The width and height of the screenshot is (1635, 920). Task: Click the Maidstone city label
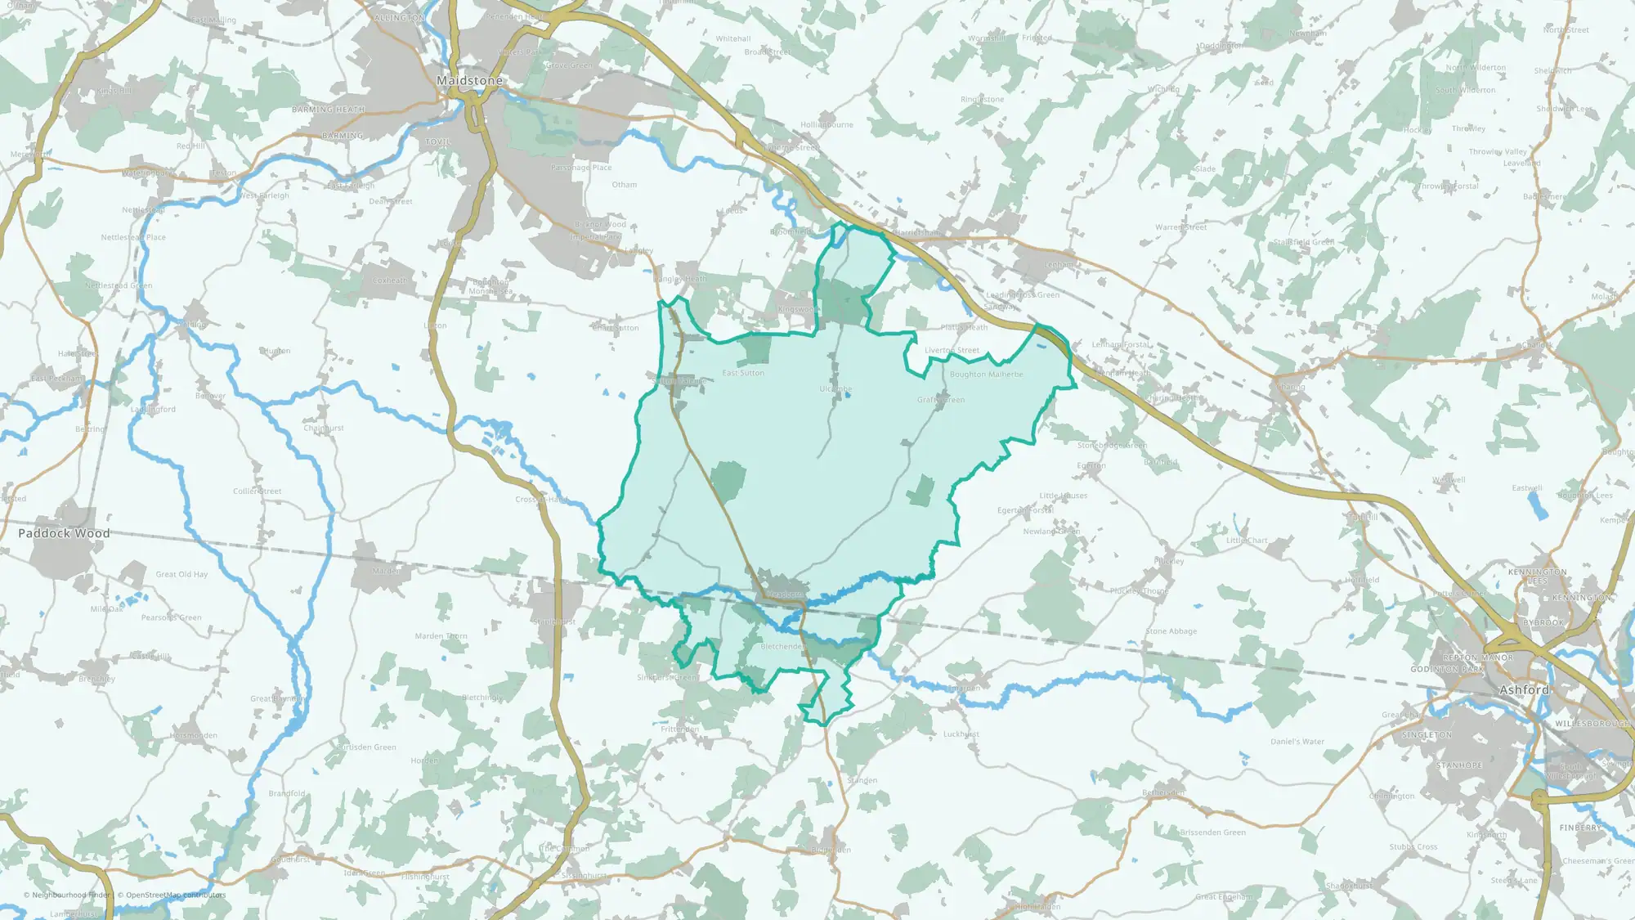tap(469, 81)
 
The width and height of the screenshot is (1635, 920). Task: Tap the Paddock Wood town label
tap(64, 533)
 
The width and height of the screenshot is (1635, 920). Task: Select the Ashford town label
tap(1525, 690)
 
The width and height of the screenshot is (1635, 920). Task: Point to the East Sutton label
tap(743, 373)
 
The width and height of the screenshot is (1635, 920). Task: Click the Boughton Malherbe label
tap(986, 375)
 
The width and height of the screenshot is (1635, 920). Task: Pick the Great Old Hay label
tap(181, 574)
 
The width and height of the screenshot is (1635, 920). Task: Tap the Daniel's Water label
tap(1297, 742)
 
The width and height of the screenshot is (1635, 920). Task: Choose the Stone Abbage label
tap(1171, 631)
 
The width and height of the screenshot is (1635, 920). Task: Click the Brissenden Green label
tap(1212, 832)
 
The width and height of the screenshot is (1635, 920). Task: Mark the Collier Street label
tap(257, 491)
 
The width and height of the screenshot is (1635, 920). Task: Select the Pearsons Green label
tap(171, 617)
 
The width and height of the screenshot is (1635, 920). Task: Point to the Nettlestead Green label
tap(119, 286)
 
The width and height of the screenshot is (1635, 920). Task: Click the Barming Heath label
tap(328, 110)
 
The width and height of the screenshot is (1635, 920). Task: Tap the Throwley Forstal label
tap(1448, 186)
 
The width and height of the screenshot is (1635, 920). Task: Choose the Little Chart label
tap(1247, 541)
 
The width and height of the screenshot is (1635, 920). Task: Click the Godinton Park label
tap(1446, 669)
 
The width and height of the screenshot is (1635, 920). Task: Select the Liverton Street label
tap(952, 350)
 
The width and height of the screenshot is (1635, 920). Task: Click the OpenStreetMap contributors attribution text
tap(172, 895)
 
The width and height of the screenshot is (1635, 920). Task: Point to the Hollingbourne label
tap(826, 125)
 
